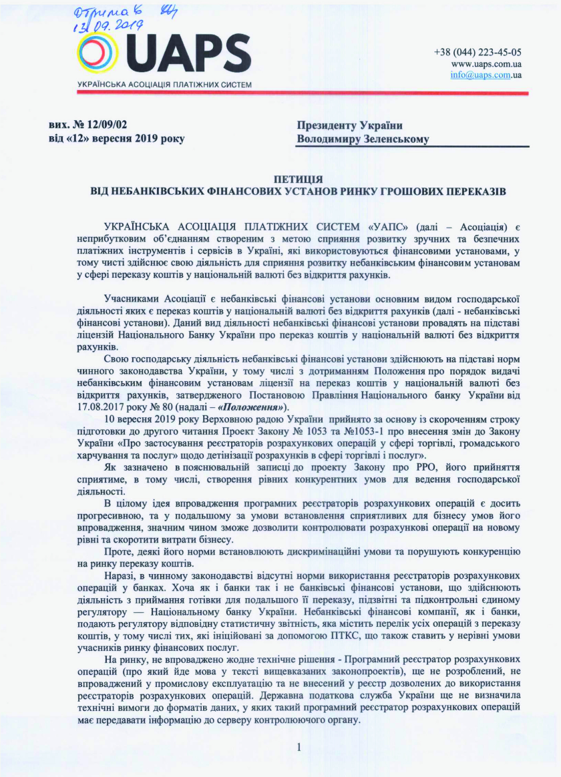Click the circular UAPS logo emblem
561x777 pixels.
tap(100, 54)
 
